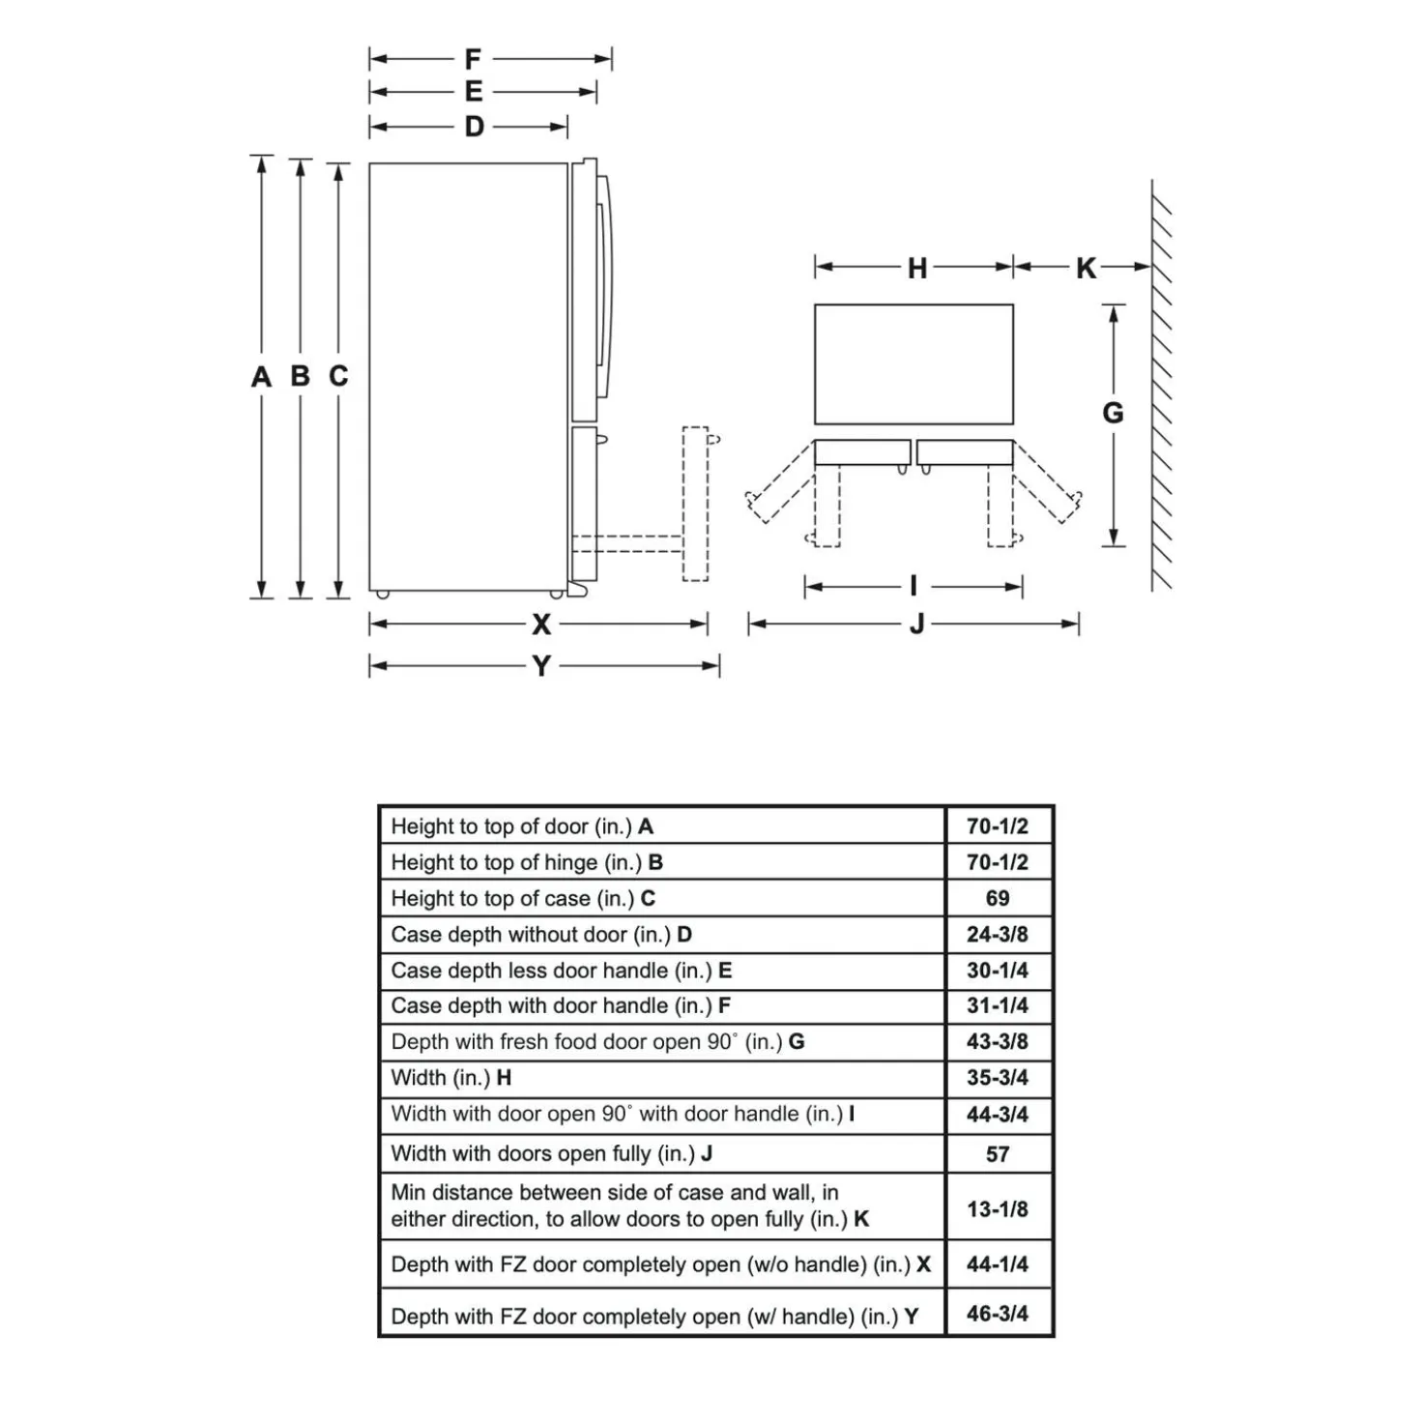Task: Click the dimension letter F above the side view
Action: point(473,58)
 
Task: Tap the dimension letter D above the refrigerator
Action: point(474,127)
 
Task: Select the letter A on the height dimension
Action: point(261,376)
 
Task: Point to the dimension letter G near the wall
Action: point(1113,412)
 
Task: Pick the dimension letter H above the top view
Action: point(916,268)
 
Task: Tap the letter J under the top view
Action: point(916,624)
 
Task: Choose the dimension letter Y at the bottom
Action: point(541,666)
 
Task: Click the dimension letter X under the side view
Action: point(541,624)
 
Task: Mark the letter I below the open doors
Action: point(913,586)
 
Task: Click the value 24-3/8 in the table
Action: point(997,934)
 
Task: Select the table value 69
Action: point(998,898)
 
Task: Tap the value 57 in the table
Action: point(998,1153)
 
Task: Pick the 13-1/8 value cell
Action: point(998,1208)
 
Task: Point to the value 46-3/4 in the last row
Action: point(998,1314)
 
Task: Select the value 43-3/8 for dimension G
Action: point(998,1041)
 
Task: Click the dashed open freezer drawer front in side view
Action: point(695,504)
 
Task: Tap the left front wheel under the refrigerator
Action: point(383,595)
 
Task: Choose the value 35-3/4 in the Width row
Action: point(998,1078)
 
